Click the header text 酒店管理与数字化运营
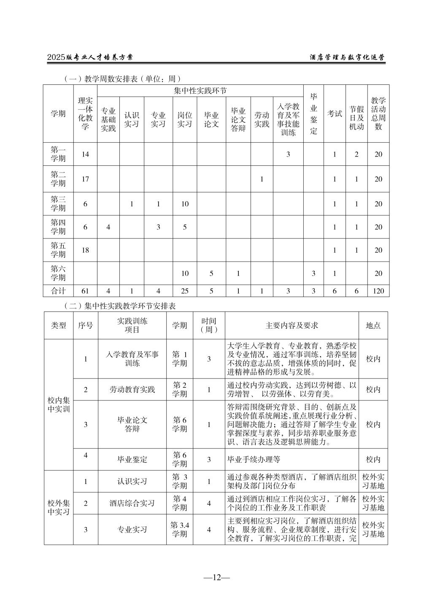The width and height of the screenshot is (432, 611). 347,57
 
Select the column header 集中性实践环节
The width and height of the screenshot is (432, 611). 200,91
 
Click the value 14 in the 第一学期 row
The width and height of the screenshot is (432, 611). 85,154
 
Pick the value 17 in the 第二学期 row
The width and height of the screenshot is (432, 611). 85,179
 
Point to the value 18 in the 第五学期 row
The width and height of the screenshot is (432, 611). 85,250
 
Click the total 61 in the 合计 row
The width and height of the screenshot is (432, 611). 85,291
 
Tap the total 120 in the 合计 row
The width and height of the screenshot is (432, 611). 378,291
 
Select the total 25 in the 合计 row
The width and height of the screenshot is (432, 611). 184,291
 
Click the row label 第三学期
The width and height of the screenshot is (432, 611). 58,204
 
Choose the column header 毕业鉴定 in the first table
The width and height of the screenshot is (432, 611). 313,114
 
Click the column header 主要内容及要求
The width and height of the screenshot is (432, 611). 292,325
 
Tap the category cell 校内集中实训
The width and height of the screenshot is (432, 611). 59,405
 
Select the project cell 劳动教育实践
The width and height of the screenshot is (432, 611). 132,389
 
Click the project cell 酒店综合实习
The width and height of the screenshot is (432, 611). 132,503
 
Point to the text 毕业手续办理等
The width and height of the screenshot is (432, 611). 254,460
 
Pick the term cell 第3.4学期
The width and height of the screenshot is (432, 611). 179,530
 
